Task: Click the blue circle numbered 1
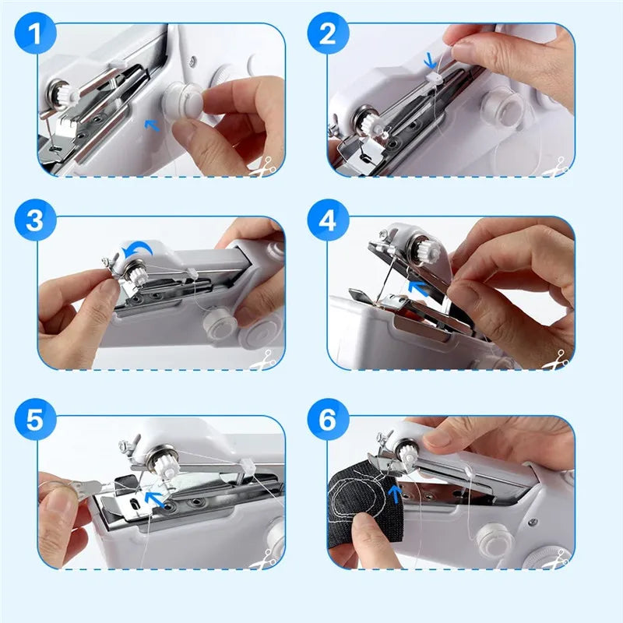[x=35, y=35]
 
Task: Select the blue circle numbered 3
[x=35, y=220]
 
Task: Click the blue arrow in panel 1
[x=153, y=123]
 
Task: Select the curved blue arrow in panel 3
[x=141, y=247]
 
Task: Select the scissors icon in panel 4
[x=556, y=361]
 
